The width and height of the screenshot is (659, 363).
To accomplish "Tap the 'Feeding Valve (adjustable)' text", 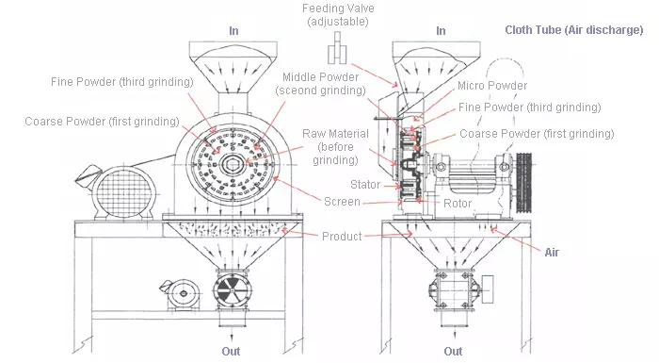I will click(336, 16).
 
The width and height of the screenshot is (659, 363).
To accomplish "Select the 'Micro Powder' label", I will click(492, 86).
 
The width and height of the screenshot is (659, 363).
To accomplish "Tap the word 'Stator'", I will click(365, 184).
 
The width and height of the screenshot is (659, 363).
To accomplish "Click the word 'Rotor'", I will click(457, 203).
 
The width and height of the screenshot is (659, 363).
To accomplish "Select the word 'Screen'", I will click(341, 202).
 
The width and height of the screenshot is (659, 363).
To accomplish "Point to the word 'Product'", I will click(342, 236).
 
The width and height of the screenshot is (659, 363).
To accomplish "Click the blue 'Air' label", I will click(553, 252).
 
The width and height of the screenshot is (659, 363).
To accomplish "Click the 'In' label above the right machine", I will click(441, 31).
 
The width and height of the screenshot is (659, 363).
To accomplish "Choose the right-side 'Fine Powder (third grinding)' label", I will click(529, 107).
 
